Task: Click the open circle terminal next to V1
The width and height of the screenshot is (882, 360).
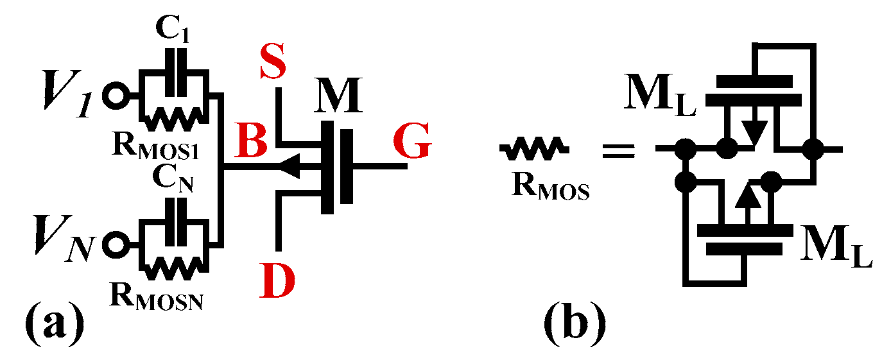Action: pos(117,96)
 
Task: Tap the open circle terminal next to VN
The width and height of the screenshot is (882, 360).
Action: pos(117,244)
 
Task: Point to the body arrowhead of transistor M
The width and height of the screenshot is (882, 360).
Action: pos(291,168)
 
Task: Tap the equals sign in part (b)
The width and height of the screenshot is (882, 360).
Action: pos(618,152)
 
